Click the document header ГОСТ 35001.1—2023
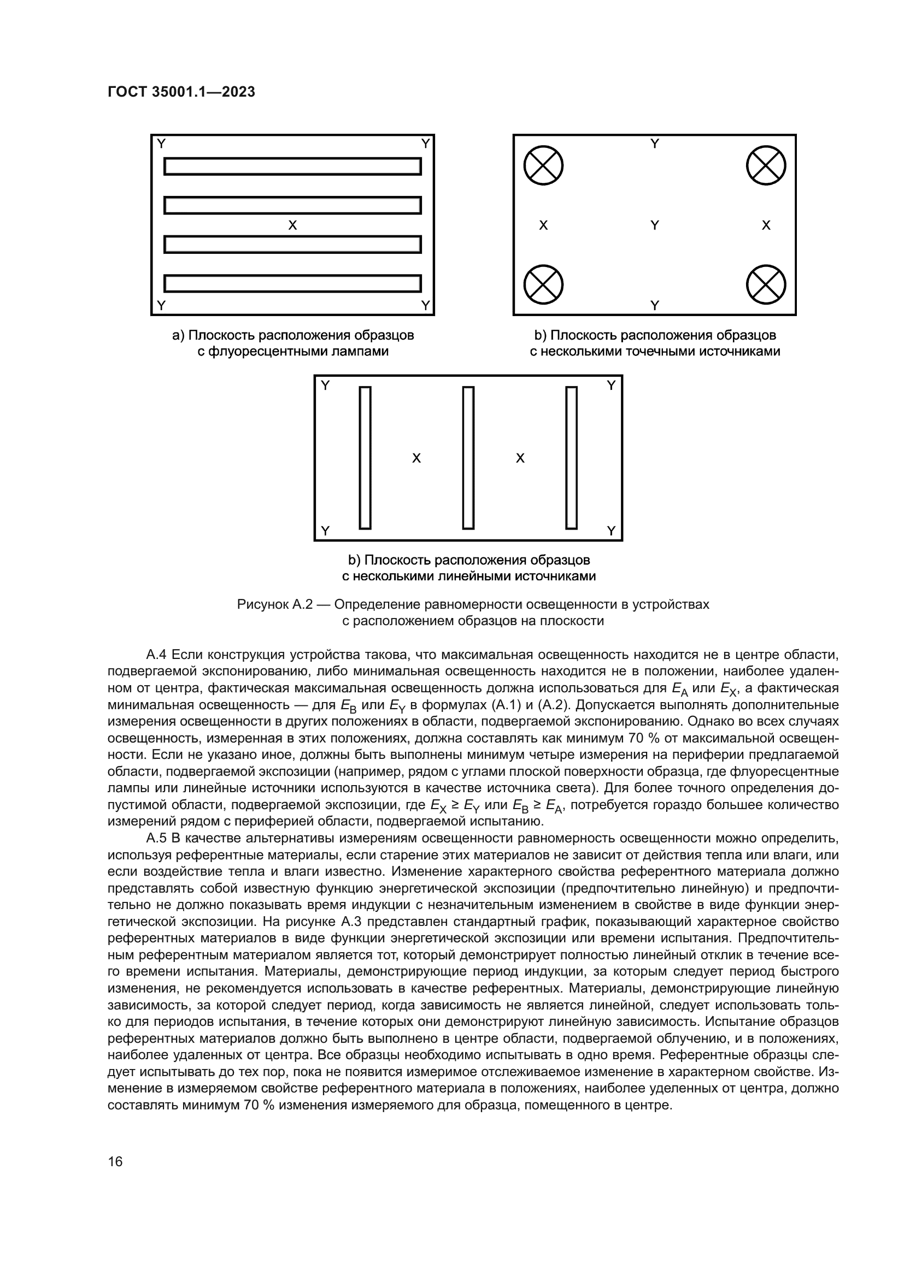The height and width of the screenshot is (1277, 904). tap(181, 92)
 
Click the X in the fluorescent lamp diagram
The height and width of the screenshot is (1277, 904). tap(292, 225)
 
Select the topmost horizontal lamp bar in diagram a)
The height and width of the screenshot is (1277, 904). tap(292, 167)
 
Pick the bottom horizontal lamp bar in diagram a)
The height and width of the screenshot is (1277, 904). tap(292, 283)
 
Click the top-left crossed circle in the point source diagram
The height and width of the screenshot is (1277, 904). tap(543, 165)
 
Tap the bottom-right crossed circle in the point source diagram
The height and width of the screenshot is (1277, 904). tap(765, 284)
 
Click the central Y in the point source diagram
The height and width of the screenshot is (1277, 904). tap(655, 225)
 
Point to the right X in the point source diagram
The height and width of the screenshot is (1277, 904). tap(766, 225)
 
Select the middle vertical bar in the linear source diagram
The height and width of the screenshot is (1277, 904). tap(468, 457)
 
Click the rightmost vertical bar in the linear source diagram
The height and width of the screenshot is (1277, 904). tap(571, 457)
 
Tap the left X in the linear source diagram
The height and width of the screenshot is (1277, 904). tap(416, 458)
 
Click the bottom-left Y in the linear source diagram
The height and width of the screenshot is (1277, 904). tap(326, 531)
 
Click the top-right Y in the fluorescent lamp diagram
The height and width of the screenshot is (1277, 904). tap(426, 144)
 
